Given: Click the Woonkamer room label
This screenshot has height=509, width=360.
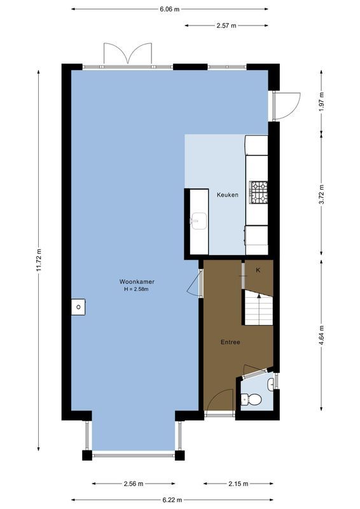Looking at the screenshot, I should point(137,281).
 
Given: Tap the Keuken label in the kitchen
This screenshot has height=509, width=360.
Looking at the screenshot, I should point(227,195).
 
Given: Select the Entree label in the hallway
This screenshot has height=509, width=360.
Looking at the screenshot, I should point(230,342).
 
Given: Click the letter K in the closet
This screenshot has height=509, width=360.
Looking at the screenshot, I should point(258,270).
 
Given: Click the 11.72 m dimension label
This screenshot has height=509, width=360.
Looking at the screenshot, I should point(39,259).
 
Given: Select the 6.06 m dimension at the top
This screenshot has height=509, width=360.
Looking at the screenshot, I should point(169,10).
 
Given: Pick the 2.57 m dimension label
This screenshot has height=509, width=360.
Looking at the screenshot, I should point(225,25).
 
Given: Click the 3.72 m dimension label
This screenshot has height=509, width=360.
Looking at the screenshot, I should point(322,192).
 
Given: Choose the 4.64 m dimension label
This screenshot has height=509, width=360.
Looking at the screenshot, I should point(322,335).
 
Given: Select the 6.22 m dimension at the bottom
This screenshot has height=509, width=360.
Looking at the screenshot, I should point(172,499).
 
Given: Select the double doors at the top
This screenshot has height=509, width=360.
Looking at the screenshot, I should point(128,53).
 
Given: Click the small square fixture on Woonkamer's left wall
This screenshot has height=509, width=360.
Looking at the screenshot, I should point(78,307).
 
